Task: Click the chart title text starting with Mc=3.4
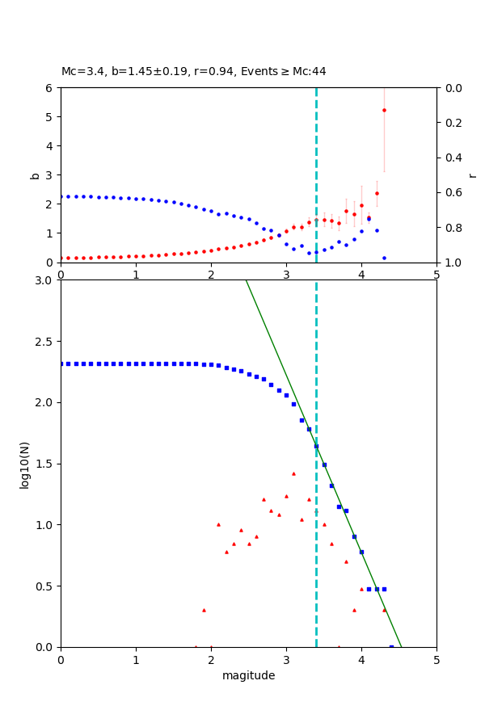click(194, 71)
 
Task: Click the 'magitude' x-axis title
click(248, 675)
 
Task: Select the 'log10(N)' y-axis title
click(24, 464)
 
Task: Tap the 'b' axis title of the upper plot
click(35, 174)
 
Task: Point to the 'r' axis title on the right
click(472, 174)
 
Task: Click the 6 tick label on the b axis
click(50, 87)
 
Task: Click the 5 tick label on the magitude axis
click(436, 660)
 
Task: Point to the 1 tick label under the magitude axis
click(136, 660)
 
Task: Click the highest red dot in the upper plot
click(384, 110)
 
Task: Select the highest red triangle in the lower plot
click(293, 473)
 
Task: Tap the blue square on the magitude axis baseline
click(391, 646)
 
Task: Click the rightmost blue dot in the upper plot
click(384, 258)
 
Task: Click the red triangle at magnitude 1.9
click(204, 610)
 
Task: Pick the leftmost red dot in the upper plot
click(61, 258)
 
